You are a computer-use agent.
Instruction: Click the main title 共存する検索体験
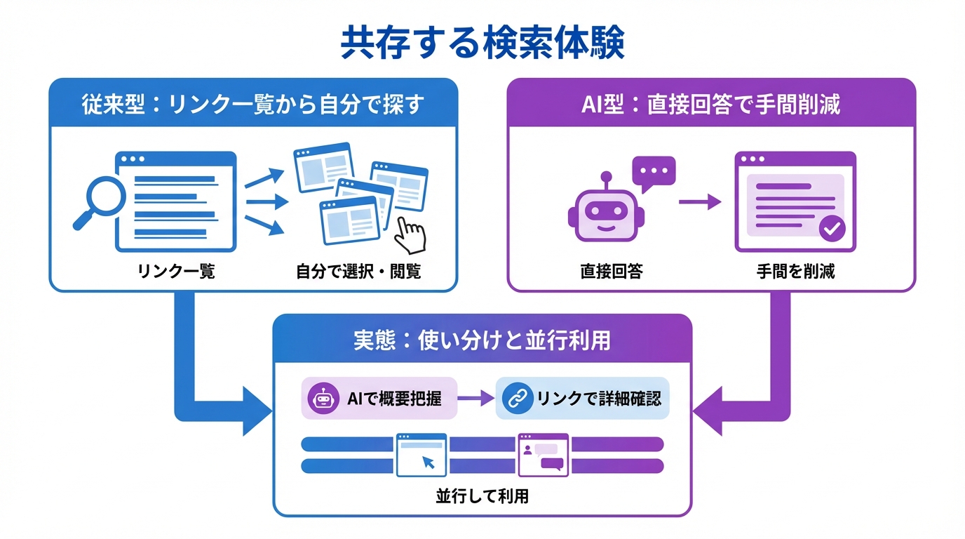point(482,44)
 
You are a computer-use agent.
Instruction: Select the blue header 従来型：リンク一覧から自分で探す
point(253,105)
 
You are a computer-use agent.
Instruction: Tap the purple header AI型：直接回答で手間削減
point(711,105)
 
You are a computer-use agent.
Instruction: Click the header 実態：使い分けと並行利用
point(482,340)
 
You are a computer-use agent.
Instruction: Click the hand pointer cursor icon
point(410,234)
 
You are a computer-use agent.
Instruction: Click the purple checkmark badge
point(832,228)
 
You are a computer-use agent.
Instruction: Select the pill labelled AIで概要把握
point(379,399)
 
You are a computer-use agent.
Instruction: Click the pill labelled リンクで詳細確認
point(582,399)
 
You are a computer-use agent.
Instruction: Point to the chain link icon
point(518,399)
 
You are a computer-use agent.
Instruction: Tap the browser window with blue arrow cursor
point(421,455)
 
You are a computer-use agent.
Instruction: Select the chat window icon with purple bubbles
point(543,455)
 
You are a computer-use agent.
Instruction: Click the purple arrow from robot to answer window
point(699,202)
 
